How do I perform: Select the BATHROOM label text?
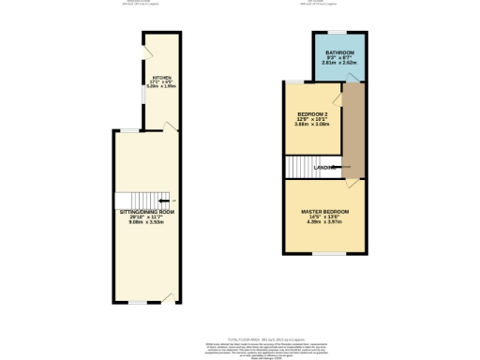pos(339,52)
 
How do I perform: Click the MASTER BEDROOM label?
pos(325,212)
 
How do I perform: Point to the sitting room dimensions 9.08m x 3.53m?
pos(147,223)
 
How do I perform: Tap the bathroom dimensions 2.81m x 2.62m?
pos(339,63)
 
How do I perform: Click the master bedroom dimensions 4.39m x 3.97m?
pos(325,222)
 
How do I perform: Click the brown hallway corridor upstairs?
pos(353,131)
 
